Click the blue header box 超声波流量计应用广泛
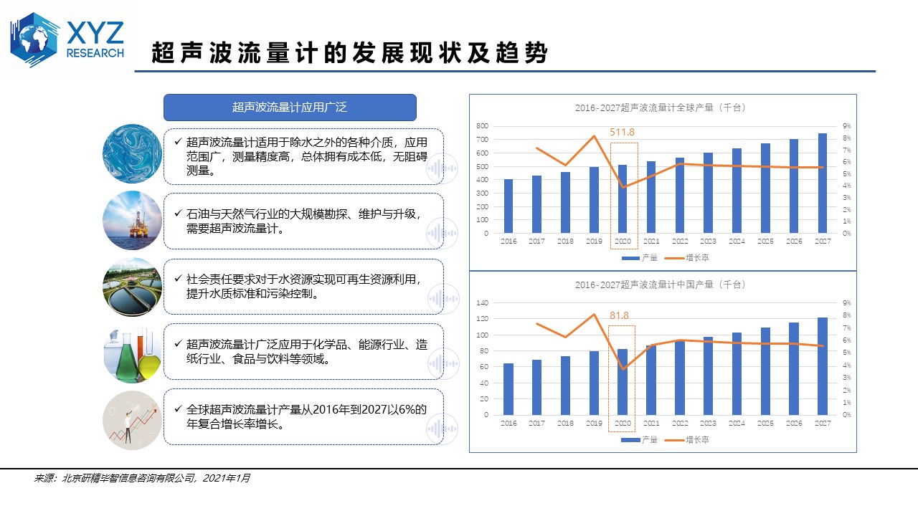pyautogui.click(x=290, y=107)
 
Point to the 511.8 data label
pyautogui.click(x=623, y=132)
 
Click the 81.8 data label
pyautogui.click(x=620, y=315)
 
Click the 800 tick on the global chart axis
pyautogui.click(x=483, y=126)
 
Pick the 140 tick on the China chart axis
pyautogui.click(x=483, y=303)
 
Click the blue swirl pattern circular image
pyautogui.click(x=133, y=154)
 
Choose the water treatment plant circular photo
pyautogui.click(x=133, y=287)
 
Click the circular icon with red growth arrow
pyautogui.click(x=133, y=419)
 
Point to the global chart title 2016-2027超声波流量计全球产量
pyautogui.click(x=661, y=107)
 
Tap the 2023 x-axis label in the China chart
pyautogui.click(x=708, y=424)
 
